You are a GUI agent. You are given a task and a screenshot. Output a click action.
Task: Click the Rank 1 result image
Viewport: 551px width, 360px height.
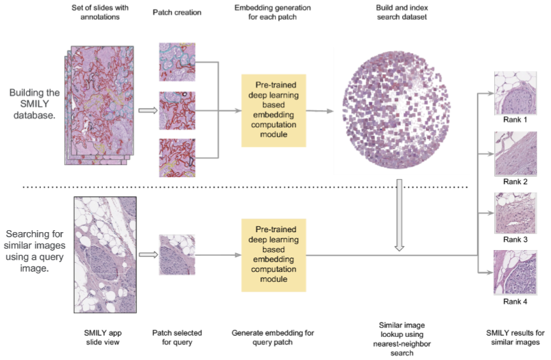click(515, 93)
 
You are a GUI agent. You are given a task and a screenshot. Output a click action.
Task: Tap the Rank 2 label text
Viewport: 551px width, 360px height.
click(515, 182)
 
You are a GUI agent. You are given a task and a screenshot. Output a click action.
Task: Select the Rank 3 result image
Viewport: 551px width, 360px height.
click(515, 213)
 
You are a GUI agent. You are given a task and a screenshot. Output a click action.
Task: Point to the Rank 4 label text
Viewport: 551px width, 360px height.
click(515, 302)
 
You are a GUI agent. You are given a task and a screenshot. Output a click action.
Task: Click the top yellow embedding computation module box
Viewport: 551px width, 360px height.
click(274, 111)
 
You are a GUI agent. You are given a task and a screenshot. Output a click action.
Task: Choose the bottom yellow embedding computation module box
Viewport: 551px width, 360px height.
click(274, 255)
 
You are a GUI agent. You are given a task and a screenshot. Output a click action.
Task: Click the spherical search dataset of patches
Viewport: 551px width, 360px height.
click(396, 111)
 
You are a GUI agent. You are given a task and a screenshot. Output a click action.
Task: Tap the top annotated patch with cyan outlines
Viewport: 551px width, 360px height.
click(177, 62)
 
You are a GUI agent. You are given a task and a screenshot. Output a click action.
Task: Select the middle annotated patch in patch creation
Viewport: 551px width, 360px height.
click(177, 111)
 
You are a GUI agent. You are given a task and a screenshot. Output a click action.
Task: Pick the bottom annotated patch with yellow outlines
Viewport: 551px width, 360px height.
click(177, 157)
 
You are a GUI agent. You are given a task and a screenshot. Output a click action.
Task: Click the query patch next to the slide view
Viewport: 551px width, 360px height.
click(177, 255)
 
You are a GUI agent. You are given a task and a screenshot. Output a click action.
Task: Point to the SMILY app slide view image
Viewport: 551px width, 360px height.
click(105, 255)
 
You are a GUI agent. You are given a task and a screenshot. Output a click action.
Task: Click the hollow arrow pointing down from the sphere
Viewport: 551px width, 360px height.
click(400, 215)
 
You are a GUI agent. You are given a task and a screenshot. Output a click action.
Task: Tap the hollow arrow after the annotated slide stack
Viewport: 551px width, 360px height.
click(148, 111)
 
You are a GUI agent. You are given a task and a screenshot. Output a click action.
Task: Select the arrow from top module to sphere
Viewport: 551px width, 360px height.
click(320, 111)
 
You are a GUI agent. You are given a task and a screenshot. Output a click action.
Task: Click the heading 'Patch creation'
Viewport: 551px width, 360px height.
click(177, 13)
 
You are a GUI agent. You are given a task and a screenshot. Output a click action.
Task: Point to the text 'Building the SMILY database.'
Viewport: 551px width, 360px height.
click(35, 104)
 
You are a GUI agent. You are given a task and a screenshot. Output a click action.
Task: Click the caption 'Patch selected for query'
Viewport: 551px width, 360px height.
click(177, 338)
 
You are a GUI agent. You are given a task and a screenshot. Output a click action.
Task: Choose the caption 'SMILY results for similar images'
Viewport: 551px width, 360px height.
click(515, 338)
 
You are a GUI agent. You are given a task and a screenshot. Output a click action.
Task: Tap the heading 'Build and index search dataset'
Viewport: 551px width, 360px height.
click(402, 12)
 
